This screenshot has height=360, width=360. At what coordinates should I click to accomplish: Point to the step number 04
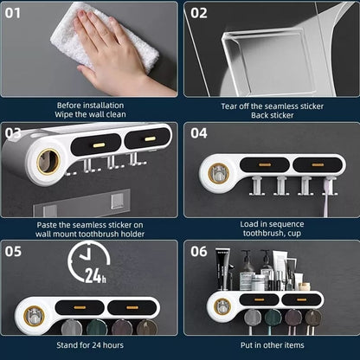[199, 133]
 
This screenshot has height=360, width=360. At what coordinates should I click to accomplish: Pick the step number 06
[199, 253]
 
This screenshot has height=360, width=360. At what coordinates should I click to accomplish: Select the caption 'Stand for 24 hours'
[90, 345]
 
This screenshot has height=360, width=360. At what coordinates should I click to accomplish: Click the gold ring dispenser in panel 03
[47, 161]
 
